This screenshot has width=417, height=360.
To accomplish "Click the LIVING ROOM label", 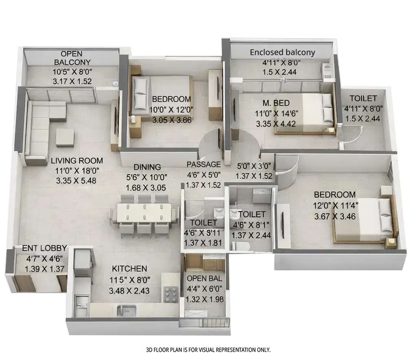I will click(x=77, y=161).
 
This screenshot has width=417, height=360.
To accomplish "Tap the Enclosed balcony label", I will click(x=282, y=52).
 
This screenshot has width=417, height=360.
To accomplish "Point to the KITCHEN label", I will click(x=129, y=269).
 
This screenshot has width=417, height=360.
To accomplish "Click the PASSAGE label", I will click(x=204, y=164).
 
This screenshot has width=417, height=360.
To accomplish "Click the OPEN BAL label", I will click(x=204, y=279).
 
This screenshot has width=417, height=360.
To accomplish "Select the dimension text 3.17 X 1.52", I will click(x=72, y=81).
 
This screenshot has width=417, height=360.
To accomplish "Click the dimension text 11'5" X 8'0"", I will click(x=129, y=280).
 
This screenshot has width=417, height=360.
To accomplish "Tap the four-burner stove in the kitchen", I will click(x=169, y=293).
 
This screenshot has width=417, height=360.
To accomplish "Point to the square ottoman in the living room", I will click(x=65, y=137).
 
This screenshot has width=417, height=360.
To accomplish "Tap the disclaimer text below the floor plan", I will click(x=208, y=350).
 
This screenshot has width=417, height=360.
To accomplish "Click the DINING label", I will click(x=147, y=167).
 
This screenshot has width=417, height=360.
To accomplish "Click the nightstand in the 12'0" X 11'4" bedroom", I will click(x=391, y=243).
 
